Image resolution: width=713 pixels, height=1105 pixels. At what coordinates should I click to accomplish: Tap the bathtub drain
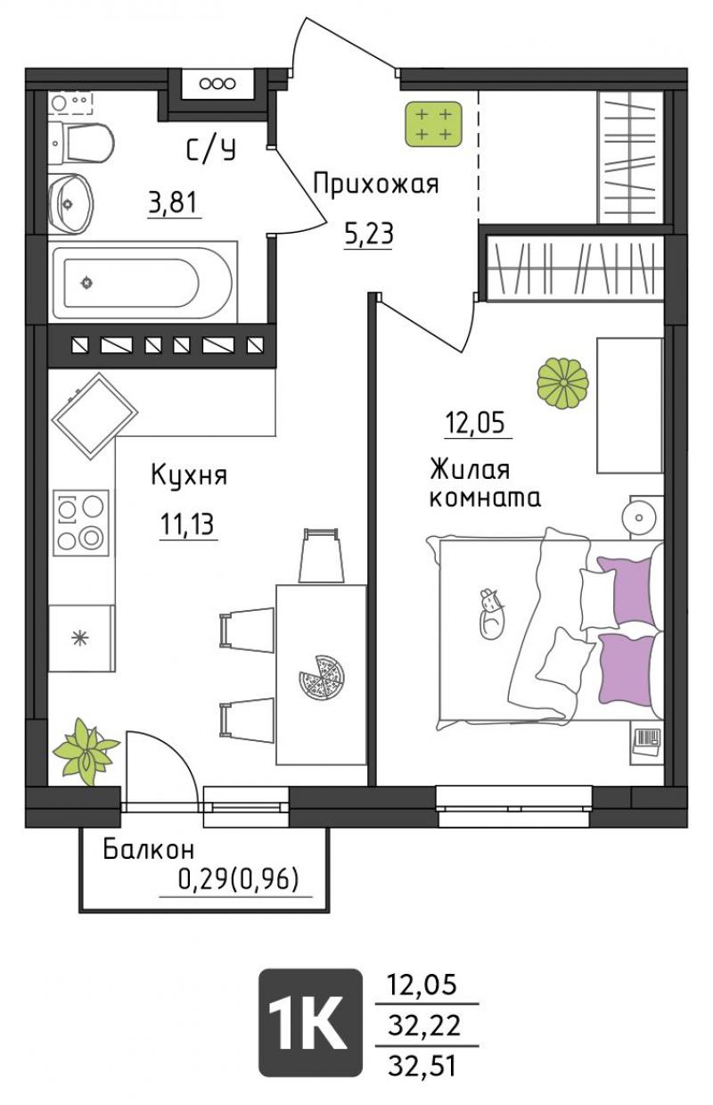[86, 283]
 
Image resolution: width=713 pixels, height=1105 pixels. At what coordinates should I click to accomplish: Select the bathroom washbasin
[70, 203]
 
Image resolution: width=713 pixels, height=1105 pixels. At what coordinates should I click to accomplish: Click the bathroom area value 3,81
[174, 202]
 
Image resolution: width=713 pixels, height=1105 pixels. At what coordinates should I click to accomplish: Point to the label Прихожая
[376, 185]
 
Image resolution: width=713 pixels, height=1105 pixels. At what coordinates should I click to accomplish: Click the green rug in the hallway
[433, 124]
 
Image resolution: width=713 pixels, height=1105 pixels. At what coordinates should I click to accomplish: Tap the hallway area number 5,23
[369, 234]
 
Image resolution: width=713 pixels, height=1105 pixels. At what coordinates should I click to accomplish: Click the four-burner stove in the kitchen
[81, 524]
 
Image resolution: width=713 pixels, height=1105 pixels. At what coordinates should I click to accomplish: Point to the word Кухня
[189, 475]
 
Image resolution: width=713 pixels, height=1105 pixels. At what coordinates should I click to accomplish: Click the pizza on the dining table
[322, 677]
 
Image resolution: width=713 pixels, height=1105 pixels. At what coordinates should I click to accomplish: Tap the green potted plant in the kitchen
[86, 752]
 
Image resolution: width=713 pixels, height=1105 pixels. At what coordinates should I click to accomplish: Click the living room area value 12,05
[475, 423]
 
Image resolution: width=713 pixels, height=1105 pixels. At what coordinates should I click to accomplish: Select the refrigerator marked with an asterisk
[82, 639]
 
